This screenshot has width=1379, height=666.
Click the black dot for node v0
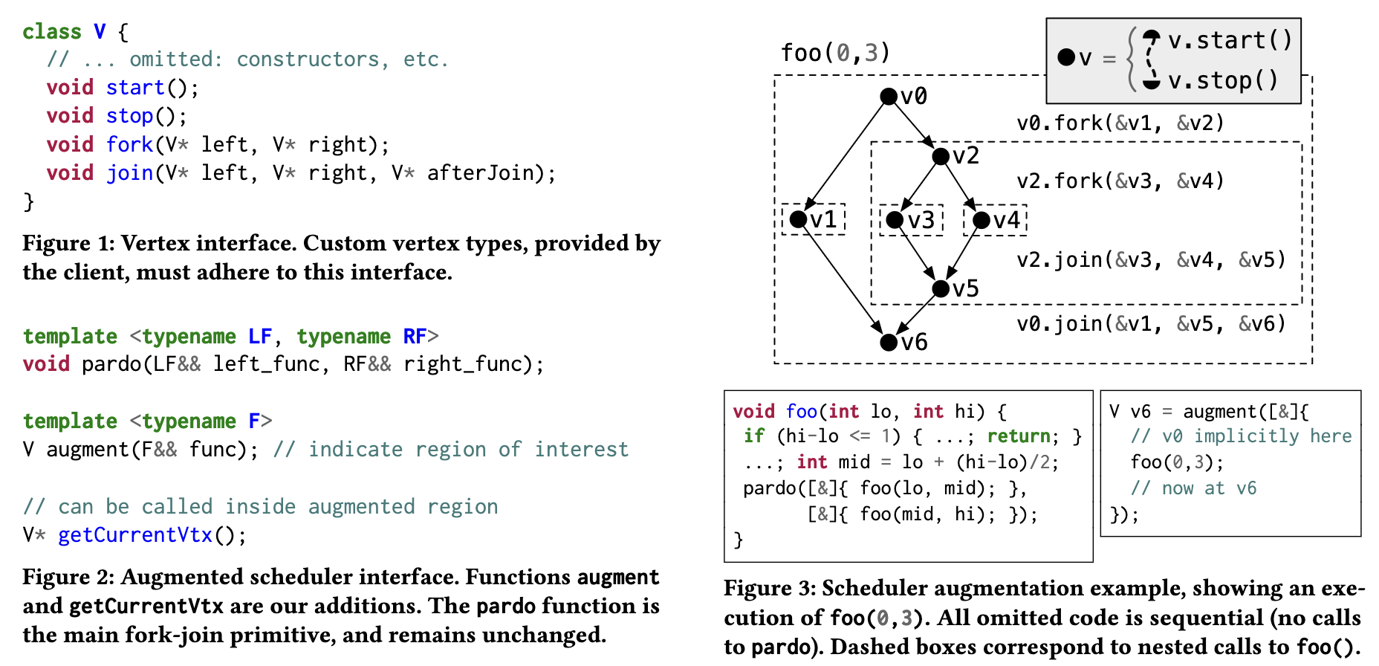[889, 96]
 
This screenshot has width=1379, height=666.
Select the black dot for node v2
[941, 156]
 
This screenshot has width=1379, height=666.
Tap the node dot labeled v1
[799, 219]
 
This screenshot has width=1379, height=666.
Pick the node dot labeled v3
[895, 220]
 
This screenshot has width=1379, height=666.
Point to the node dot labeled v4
[981, 220]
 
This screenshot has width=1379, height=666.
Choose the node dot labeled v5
[941, 288]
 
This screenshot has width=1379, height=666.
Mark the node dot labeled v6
[889, 342]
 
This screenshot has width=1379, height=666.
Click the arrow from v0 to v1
[846, 154]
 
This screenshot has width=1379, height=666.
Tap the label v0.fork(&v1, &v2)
[1120, 123]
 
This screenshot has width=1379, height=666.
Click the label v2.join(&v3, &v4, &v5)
[1151, 259]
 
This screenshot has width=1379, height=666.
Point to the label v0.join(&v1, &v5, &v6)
[1151, 323]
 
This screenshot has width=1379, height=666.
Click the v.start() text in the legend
[1230, 40]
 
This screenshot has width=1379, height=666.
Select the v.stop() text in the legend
[1223, 80]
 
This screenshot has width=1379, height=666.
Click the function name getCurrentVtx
[135, 534]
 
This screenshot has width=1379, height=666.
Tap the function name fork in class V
[129, 144]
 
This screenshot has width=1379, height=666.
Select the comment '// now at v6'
[1193, 488]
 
